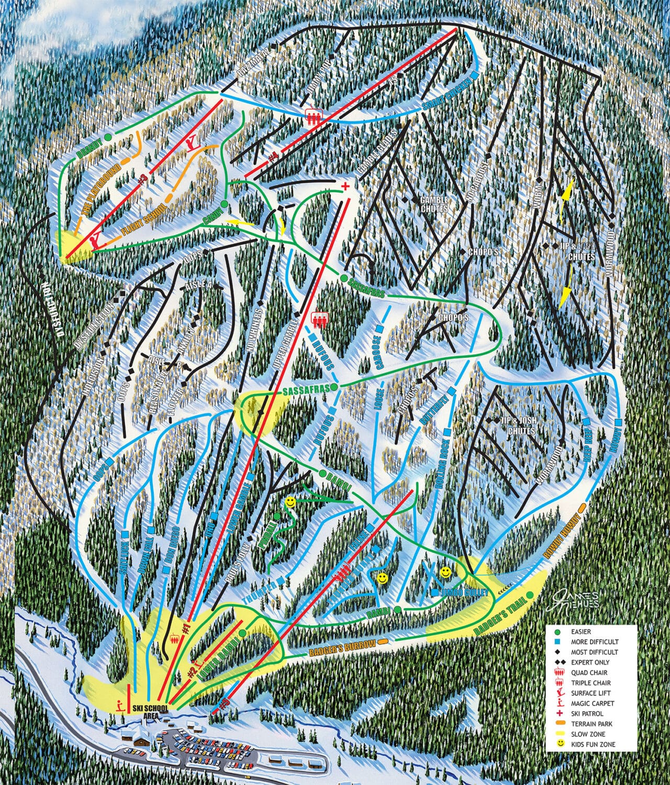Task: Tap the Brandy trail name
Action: click(89, 146)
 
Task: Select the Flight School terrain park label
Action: click(140, 216)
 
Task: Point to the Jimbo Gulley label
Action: click(464, 592)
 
